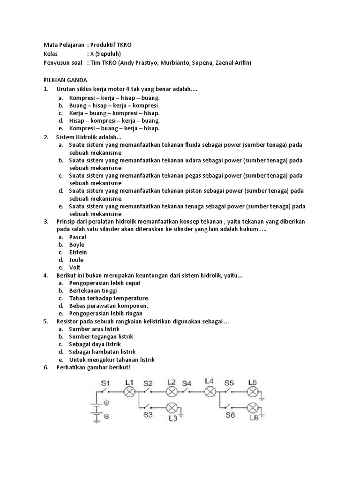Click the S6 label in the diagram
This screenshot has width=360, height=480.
pyautogui.click(x=230, y=415)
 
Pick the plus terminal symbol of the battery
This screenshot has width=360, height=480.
pyautogui.click(x=106, y=403)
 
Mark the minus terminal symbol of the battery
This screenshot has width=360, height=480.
pyautogui.click(x=106, y=416)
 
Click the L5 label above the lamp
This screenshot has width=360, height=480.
pyautogui.click(x=253, y=382)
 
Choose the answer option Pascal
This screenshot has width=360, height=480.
pyautogui.click(x=77, y=237)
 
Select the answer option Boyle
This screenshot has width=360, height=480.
pyautogui.click(x=76, y=245)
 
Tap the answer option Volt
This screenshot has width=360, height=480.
pyautogui.click(x=75, y=268)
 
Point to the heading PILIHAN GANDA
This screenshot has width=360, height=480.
pyautogui.click(x=65, y=80)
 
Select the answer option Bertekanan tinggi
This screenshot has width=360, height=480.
pyautogui.click(x=93, y=291)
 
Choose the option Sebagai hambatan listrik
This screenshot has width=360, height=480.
pyautogui.click(x=102, y=352)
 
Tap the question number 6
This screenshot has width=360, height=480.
pyautogui.click(x=45, y=367)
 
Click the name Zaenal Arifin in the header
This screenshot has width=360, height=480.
pyautogui.click(x=233, y=63)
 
